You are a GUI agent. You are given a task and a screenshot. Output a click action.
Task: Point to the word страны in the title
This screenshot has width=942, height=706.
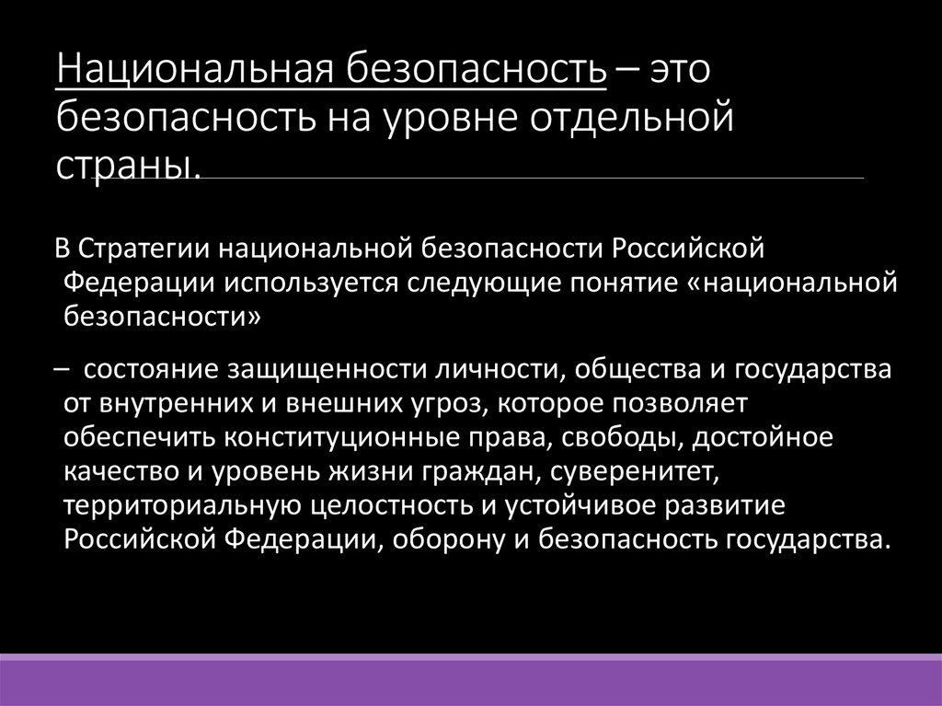[126, 167]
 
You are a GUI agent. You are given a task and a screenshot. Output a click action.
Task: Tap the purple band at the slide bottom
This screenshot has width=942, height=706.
[471, 682]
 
